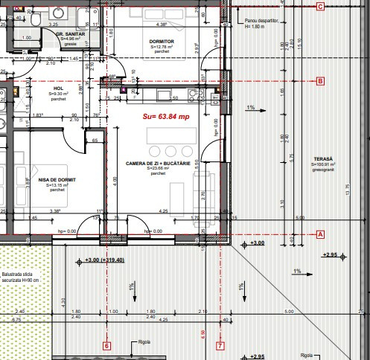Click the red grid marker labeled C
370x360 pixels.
pyautogui.click(x=320, y=7)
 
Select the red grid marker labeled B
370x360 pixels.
pyautogui.click(x=320, y=81)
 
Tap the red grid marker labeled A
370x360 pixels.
pyautogui.click(x=320, y=234)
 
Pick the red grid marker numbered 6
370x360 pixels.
pyautogui.click(x=106, y=345)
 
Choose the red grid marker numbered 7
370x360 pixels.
pyautogui.click(x=220, y=345)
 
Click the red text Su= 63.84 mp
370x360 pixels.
pyautogui.click(x=165, y=116)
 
